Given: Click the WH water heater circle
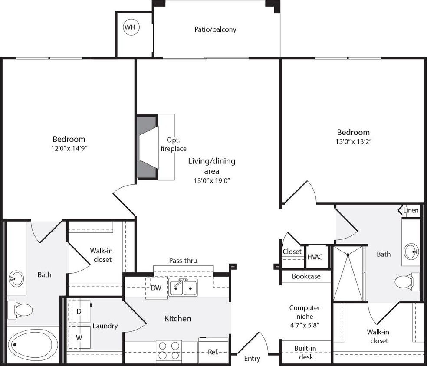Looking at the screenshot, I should click(x=130, y=27).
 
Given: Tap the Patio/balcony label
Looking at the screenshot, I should click(x=215, y=29).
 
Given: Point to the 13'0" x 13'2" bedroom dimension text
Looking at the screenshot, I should click(x=354, y=141).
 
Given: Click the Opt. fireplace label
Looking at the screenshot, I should click(x=176, y=144).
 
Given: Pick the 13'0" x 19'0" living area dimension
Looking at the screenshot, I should click(x=211, y=181).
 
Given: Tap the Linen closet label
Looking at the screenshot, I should click(x=411, y=211).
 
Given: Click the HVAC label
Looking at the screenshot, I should click(x=315, y=257).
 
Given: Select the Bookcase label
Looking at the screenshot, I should click(x=306, y=276).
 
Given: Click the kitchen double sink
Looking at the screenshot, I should click(x=183, y=288).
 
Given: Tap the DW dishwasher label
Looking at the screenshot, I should click(x=156, y=288).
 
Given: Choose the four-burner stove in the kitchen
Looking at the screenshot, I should click(x=169, y=350).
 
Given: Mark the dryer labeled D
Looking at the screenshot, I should click(x=79, y=311).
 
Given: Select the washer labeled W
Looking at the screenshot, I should click(x=79, y=337).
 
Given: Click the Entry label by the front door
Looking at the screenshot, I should click(x=252, y=359).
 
